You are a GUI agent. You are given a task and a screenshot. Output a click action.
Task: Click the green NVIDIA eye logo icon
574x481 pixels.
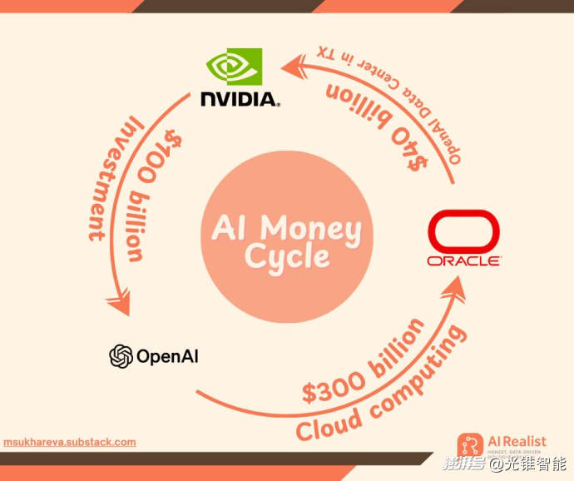click(x=234, y=67)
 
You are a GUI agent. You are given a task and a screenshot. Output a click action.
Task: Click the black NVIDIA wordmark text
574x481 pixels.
click(x=240, y=100)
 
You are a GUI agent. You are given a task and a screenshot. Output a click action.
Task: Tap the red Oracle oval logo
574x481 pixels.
click(x=463, y=231)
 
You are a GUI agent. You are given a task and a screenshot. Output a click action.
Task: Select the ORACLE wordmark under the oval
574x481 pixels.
click(x=463, y=260)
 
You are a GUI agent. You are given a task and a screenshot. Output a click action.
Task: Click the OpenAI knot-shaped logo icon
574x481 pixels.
click(x=121, y=356)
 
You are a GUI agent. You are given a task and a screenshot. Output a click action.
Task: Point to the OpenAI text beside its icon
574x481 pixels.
click(x=166, y=357)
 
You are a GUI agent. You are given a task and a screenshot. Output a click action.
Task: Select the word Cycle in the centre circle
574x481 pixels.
click(x=287, y=257)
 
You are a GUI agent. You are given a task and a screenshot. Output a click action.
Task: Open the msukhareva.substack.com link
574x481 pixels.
click(x=69, y=442)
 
